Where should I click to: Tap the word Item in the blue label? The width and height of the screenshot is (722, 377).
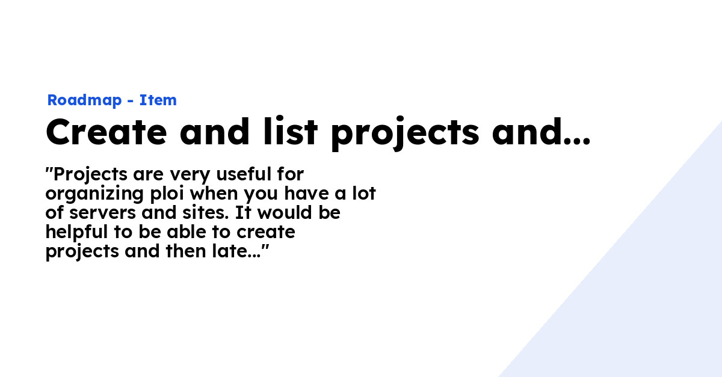158,100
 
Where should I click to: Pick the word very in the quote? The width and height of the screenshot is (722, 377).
191,175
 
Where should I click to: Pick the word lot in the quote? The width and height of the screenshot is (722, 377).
363,194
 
